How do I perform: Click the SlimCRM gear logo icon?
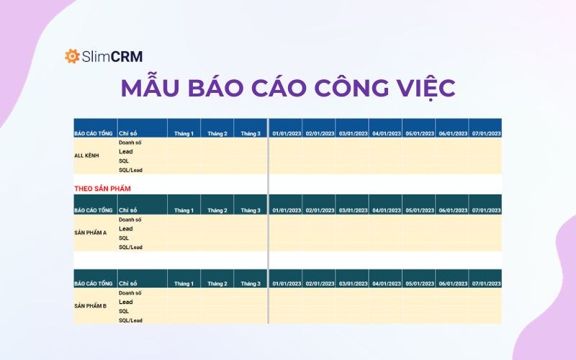point(72,56)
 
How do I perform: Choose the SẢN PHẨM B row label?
point(91,306)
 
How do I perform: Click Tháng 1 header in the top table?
point(184,133)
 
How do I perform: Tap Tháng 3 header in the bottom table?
point(251,284)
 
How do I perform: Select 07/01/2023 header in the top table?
point(487,133)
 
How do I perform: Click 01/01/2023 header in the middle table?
point(286,210)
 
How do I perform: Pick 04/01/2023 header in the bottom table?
point(386,284)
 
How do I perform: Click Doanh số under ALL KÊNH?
point(130,143)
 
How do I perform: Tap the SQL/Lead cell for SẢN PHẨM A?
point(131,247)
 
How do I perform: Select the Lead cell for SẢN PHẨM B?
point(126,302)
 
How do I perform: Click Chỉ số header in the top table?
point(128,133)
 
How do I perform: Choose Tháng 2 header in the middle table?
point(217,210)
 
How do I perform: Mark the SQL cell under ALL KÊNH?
point(125,161)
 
